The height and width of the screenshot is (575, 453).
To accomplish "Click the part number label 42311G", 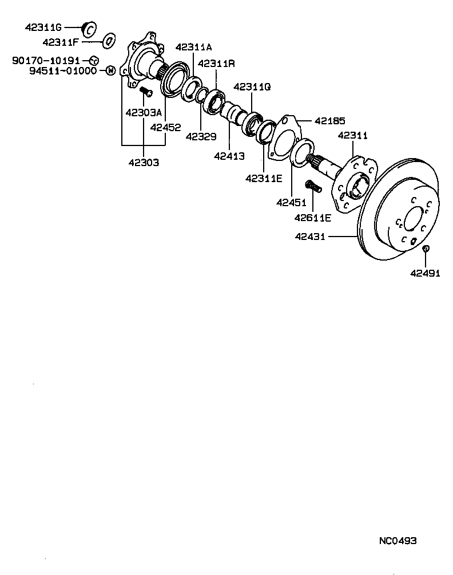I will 43,27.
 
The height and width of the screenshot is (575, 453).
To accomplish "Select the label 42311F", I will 61,42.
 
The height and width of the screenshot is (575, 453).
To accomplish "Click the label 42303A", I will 144,112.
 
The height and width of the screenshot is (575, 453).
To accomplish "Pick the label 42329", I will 201,136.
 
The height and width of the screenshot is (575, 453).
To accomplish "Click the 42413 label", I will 229,155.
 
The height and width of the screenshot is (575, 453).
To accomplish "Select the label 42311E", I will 264,178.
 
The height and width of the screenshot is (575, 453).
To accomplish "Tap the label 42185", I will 330,121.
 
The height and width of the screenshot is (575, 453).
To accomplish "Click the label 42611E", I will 313,218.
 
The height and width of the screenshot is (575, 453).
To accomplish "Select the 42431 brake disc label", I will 310,236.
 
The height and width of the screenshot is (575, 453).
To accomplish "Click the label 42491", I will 425,273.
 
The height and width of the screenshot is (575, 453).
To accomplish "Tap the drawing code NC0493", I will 398,541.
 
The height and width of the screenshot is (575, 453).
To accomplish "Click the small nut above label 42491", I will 426,249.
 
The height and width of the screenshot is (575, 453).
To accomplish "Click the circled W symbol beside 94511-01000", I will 110,71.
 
